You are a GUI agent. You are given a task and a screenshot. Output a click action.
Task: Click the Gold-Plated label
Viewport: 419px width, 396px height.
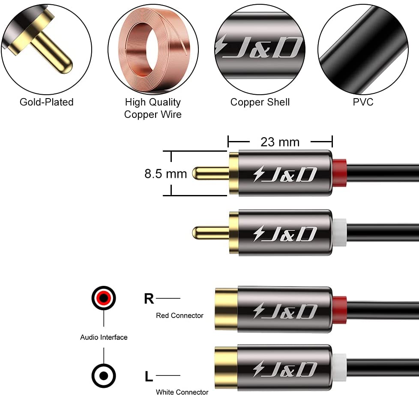[46, 102]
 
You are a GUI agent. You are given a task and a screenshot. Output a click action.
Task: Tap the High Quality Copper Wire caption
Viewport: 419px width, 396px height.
[153, 108]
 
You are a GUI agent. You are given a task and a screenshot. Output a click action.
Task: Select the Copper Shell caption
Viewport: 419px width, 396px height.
[260, 102]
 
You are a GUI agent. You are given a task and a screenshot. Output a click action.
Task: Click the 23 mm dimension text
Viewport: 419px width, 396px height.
[280, 141]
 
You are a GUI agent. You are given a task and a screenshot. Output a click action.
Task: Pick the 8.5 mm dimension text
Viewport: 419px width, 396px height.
[165, 174]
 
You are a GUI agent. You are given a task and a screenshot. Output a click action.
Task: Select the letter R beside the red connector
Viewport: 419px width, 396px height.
[149, 298]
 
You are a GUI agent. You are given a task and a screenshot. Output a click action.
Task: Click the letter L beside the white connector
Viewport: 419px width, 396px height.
[149, 377]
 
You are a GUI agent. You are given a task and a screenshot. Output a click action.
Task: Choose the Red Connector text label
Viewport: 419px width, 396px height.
[180, 315]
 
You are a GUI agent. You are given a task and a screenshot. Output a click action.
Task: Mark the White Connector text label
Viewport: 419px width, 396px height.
[182, 392]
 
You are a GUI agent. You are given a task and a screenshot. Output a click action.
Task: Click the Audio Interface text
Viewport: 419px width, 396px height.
[104, 337]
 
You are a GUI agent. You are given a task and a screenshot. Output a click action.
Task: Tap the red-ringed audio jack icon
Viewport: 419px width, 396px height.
[104, 297]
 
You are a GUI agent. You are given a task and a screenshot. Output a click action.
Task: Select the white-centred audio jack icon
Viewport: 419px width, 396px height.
[104, 376]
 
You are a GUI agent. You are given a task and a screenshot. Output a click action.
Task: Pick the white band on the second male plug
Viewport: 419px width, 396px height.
[339, 233]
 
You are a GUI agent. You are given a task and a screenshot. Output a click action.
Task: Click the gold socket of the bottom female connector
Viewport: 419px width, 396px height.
[225, 368]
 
